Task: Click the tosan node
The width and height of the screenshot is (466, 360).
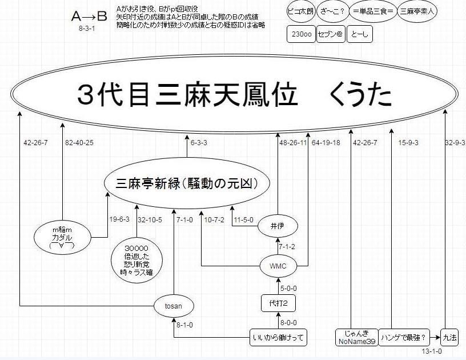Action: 173,306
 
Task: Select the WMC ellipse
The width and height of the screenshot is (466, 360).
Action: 278,266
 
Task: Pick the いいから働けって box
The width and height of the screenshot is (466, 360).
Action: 278,337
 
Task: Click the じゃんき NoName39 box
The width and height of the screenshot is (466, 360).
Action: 356,337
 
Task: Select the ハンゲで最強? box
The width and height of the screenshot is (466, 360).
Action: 407,337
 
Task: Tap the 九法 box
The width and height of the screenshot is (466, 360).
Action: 450,337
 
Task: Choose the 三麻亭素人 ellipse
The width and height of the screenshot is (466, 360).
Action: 417,10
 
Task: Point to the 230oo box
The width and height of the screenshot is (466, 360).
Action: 301,35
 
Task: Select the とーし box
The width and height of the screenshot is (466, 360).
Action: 359,35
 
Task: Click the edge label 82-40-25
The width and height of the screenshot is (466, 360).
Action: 79,142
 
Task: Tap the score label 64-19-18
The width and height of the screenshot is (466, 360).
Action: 326,142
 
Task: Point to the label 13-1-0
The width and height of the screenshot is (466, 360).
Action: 432,351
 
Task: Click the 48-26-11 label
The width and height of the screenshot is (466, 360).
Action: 292,142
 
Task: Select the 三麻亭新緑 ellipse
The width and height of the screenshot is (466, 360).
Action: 187,183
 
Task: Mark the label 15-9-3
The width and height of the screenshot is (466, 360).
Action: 408,142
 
